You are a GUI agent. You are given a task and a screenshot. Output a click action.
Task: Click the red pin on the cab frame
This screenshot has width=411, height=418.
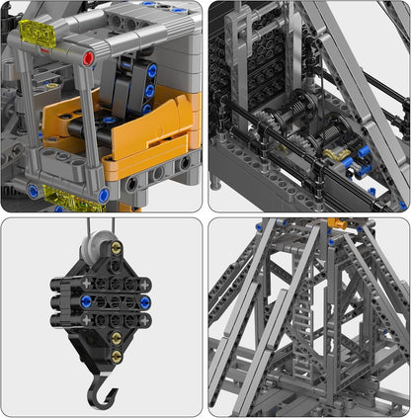point(89,58)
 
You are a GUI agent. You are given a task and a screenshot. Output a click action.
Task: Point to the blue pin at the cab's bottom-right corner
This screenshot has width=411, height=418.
point(104,196)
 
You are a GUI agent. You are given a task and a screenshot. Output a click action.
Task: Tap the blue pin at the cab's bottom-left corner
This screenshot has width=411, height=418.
point(33,191)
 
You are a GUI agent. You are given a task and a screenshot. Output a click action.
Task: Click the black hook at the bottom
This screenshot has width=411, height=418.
point(102,389)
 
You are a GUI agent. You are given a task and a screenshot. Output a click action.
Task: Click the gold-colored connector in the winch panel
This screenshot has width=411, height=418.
point(340,153)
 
